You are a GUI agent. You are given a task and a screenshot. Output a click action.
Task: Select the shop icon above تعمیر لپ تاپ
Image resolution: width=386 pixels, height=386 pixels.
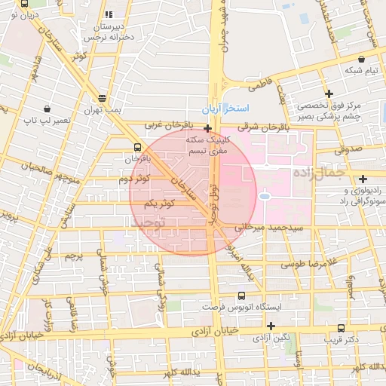click(x=47, y=109)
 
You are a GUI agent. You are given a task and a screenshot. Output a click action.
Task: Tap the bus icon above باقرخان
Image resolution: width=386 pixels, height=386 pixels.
click(x=136, y=147)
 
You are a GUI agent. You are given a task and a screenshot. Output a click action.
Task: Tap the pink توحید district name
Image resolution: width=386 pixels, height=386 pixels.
click(x=148, y=224)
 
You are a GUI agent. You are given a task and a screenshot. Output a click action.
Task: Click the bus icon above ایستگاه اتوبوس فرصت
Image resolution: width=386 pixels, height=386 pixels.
click(x=241, y=296)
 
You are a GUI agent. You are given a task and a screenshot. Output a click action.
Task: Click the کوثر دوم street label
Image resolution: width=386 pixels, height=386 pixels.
click(x=134, y=179)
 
